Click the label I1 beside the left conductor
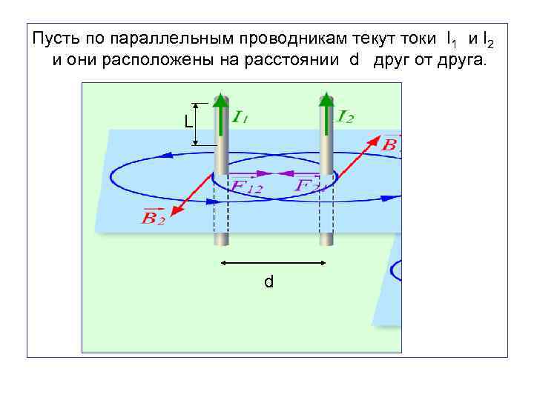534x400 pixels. pos(240,116)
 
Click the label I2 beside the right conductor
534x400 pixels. pos(346,116)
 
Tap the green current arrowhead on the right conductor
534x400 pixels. pos(326,101)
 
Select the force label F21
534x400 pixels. pos(310,184)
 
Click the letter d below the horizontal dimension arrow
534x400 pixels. pos(269,281)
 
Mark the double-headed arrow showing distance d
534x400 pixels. pos(274,262)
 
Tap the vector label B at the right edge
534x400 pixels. pos(390,143)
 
